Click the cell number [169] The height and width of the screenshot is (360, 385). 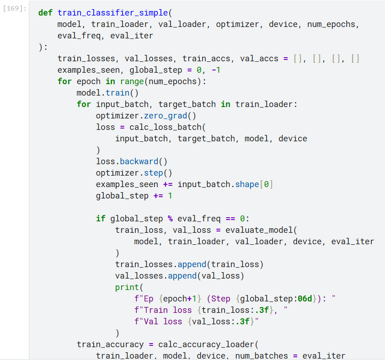[15, 9]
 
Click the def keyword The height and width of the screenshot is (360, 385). [45, 13]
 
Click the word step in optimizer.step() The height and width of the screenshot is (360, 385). [154, 173]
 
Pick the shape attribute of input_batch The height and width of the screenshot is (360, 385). [247, 184]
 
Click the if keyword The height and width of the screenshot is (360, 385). [101, 219]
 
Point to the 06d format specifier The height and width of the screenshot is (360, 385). [305, 299]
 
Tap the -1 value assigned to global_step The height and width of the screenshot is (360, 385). [216, 70]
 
